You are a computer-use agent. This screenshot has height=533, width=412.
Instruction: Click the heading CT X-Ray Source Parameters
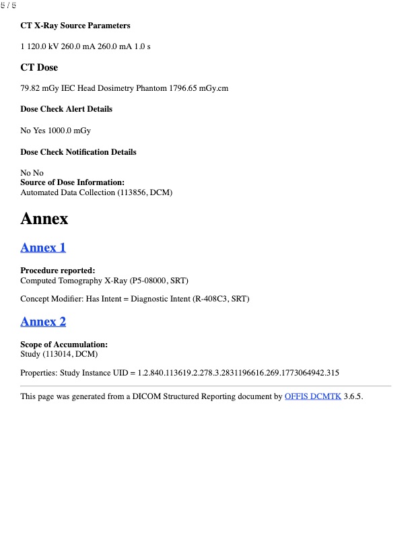click(75, 26)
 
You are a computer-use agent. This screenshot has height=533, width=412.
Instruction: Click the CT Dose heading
click(39, 67)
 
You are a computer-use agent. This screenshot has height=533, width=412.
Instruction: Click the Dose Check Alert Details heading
click(66, 109)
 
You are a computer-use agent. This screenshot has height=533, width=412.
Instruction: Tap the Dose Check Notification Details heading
click(78, 152)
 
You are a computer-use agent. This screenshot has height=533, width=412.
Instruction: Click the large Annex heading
click(44, 219)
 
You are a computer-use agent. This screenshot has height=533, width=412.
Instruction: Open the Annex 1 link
click(43, 248)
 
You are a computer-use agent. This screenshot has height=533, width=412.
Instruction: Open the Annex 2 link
click(43, 322)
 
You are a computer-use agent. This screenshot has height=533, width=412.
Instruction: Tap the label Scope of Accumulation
click(64, 345)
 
